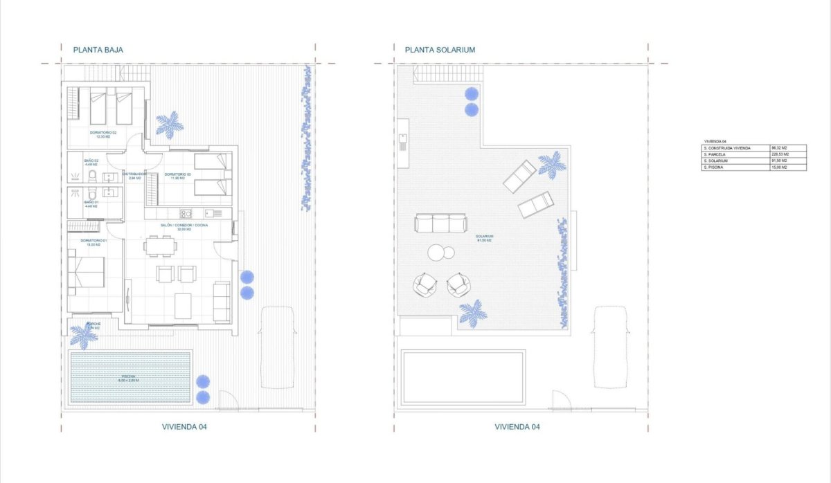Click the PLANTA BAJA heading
pyautogui.click(x=98, y=50)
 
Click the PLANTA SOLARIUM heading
pyautogui.click(x=440, y=50)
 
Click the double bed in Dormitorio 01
pyautogui.click(x=87, y=272)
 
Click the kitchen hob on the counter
pyautogui.click(x=186, y=213)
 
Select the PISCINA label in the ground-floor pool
pyautogui.click(x=129, y=378)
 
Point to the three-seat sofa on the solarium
pyautogui.click(x=440, y=223)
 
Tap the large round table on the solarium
pyautogui.click(x=437, y=253)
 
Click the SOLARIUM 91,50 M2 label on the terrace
pyautogui.click(x=483, y=238)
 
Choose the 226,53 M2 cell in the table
pyautogui.click(x=788, y=155)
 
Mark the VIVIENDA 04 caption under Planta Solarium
pyautogui.click(x=517, y=427)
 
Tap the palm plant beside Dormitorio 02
pyautogui.click(x=170, y=125)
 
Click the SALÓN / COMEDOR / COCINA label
pyautogui.click(x=185, y=226)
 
